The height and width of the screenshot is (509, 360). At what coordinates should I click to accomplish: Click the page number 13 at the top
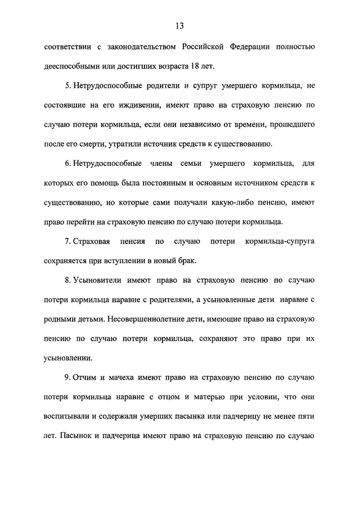point(179,26)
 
